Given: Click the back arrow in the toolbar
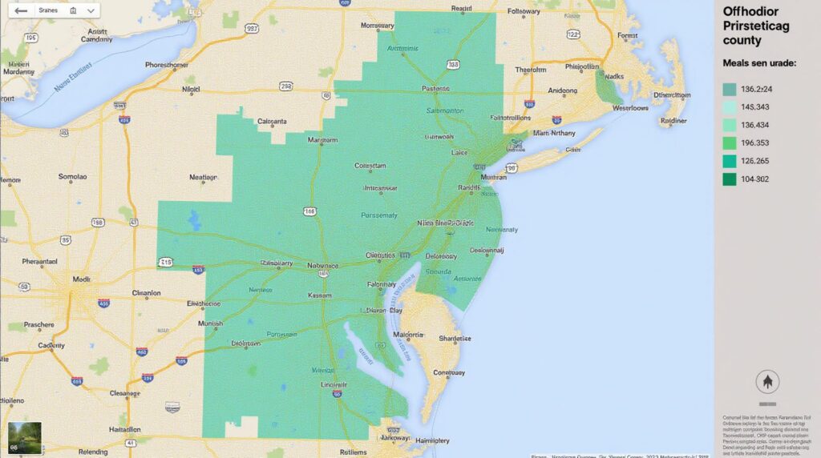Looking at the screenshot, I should tap(21, 11).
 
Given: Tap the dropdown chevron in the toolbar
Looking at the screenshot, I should tap(91, 11).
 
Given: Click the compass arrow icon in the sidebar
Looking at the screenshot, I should tap(767, 381).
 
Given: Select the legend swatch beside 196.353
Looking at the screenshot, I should tap(729, 143).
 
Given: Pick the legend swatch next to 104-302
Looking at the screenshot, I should tap(729, 179).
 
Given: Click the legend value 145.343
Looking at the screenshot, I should tap(755, 107).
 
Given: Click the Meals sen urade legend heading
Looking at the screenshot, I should tap(758, 62).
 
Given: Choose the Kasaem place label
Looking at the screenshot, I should tap(320, 295).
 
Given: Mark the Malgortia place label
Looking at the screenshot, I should tap(407, 335).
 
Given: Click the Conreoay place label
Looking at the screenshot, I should tap(449, 372).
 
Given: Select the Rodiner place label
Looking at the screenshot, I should tap(673, 122).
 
